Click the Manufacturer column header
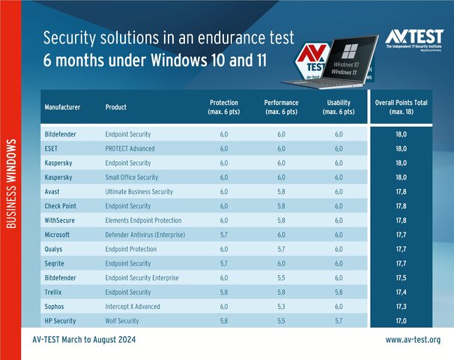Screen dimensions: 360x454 [63, 107]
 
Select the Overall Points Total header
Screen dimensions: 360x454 [410, 107]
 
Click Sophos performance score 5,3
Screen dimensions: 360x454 [282, 306]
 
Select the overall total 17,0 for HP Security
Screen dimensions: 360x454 [410, 320]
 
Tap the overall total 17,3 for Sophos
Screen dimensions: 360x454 [410, 306]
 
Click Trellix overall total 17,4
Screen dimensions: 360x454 [410, 292]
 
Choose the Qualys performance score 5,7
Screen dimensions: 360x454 [282, 249]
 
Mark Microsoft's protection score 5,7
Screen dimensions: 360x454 [224, 234]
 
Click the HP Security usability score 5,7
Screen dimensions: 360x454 [339, 320]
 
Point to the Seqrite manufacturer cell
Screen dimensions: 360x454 [55, 263]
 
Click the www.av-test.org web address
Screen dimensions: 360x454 [419, 340]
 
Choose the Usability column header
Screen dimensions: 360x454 [339, 107]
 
